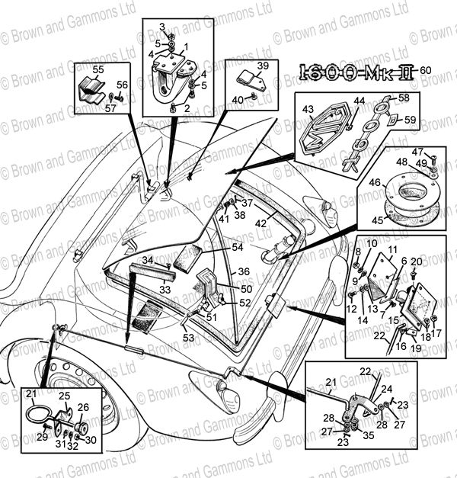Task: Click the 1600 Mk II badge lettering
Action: point(355,73)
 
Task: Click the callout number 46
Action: point(374,183)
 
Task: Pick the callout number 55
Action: point(97,69)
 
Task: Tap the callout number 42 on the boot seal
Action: point(260,223)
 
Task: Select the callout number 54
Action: point(237,248)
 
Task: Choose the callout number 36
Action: point(244,271)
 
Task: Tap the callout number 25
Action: point(65,396)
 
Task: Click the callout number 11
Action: point(392,250)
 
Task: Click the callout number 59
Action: point(410,120)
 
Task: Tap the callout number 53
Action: point(187,337)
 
